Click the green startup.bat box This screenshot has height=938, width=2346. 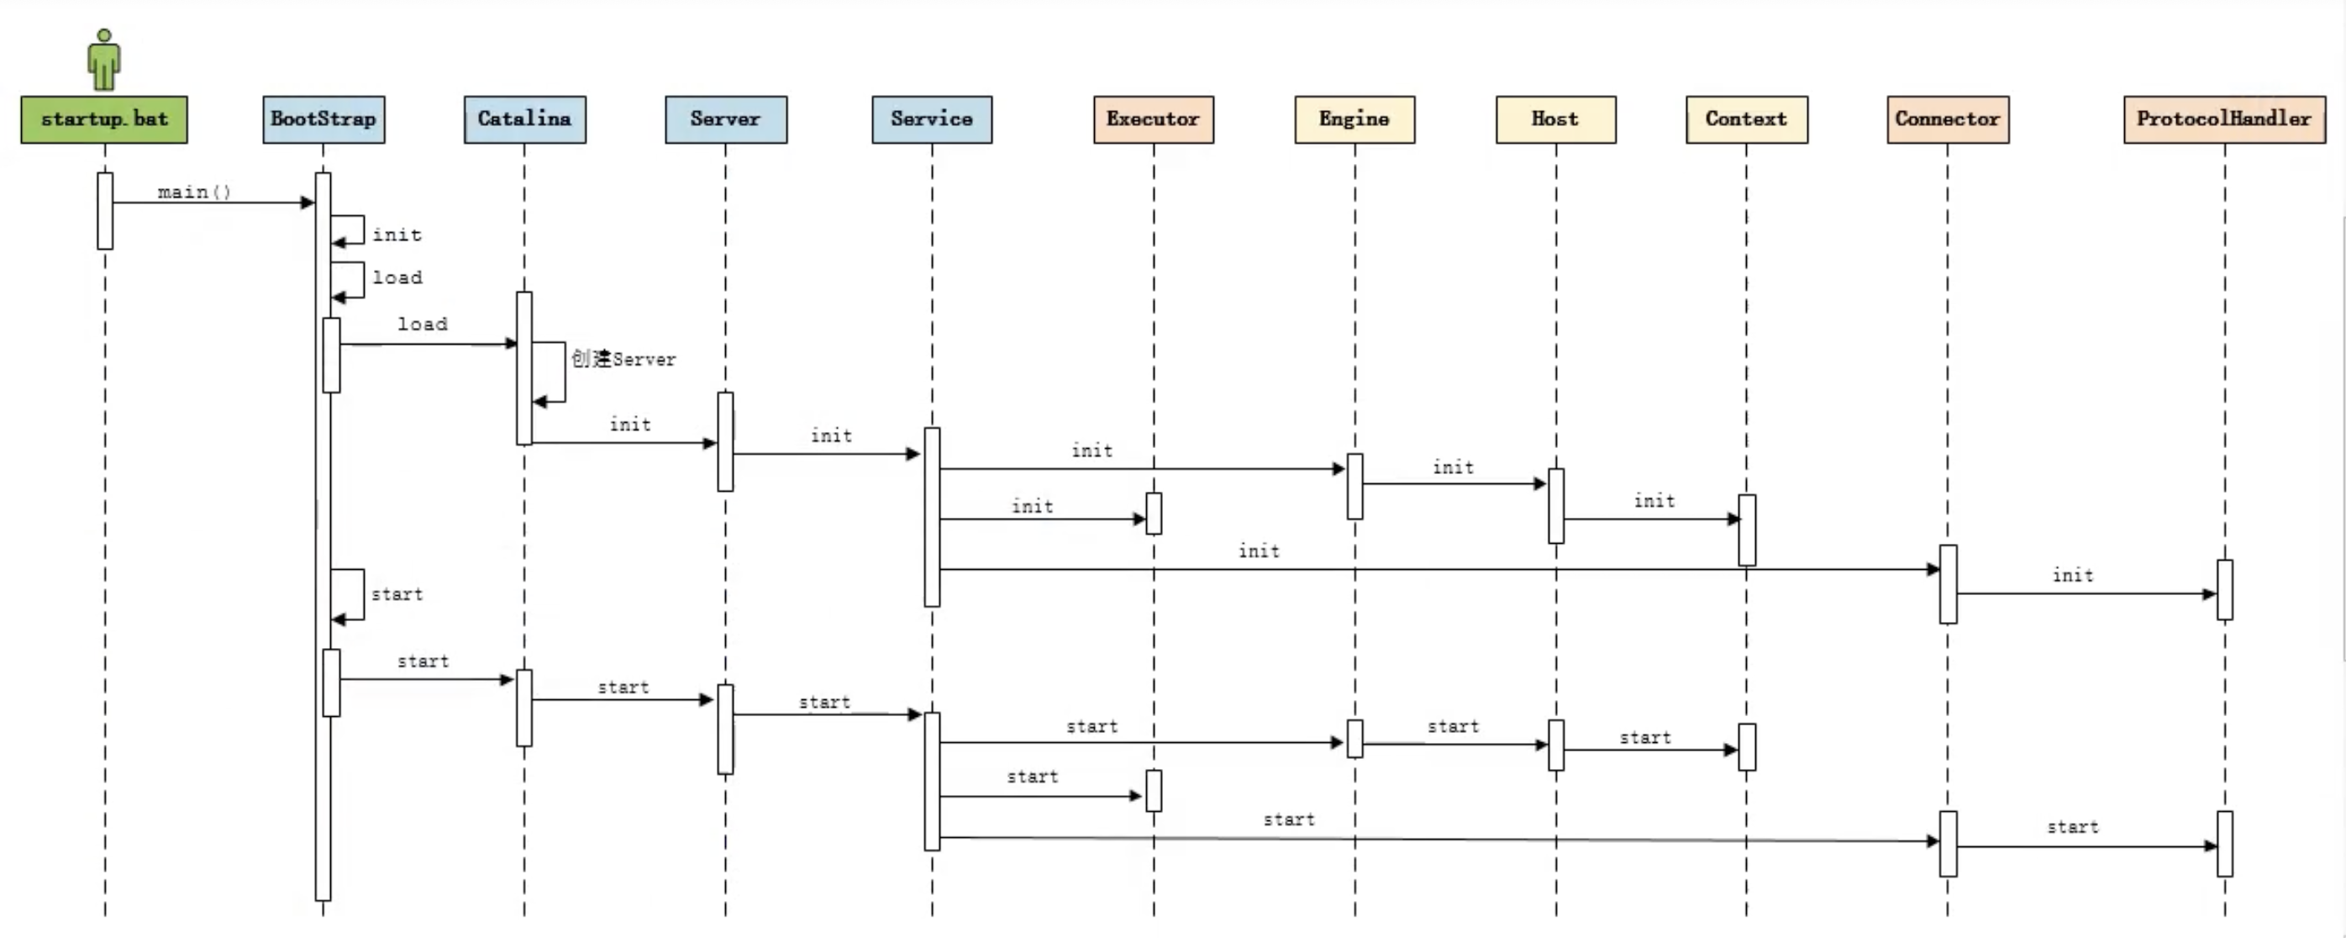point(104,119)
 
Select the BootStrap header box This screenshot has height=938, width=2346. point(323,119)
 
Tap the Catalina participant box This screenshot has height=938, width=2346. point(524,119)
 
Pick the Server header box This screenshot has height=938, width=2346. point(726,119)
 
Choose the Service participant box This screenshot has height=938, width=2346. point(932,119)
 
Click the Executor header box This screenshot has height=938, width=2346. point(1153,119)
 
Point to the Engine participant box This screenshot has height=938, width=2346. point(1354,119)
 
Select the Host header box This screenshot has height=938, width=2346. point(1555,119)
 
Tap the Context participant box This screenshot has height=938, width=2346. point(1746,119)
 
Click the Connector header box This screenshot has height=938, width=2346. point(1947,119)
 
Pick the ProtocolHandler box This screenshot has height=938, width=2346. point(2224,119)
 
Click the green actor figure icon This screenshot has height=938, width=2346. point(104,61)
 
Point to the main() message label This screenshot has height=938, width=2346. point(194,192)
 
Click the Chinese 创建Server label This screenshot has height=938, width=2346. point(623,359)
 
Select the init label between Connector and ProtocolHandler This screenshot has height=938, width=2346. point(2073,576)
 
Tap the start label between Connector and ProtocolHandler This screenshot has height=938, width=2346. point(2073,828)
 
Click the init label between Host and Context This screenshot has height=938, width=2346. point(1654,501)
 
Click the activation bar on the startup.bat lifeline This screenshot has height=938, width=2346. point(105,210)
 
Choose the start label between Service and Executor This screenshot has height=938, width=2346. point(1033,777)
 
